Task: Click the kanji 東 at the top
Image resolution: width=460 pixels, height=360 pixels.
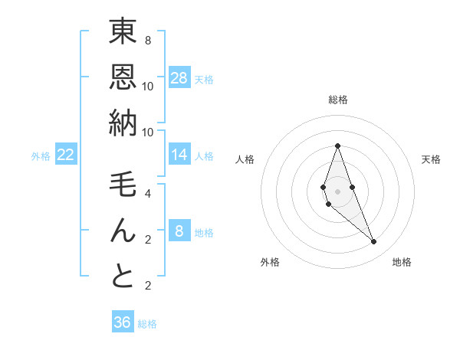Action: [123, 33]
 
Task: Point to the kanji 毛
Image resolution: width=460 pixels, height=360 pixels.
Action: [123, 185]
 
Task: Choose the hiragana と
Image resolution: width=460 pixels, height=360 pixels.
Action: [123, 277]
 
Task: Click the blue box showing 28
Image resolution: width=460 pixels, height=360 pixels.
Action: [179, 78]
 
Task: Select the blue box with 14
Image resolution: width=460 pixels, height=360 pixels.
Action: [179, 155]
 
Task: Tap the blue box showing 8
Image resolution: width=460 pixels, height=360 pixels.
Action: [179, 231]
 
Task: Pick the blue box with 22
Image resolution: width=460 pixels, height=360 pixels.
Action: [66, 155]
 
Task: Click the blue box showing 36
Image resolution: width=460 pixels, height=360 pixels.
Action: [123, 322]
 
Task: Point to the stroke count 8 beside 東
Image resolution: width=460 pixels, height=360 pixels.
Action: [147, 40]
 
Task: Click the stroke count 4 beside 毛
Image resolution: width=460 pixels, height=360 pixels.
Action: [147, 193]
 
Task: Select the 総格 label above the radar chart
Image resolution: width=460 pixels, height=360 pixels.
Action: [338, 100]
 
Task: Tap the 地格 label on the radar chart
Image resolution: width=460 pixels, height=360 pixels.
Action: [402, 262]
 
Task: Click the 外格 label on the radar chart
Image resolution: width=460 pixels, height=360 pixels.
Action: [270, 262]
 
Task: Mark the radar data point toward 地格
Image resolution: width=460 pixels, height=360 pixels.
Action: [374, 242]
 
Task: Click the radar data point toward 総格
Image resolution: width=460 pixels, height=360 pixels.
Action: [337, 146]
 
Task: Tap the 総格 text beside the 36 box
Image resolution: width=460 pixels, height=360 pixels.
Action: [147, 324]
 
